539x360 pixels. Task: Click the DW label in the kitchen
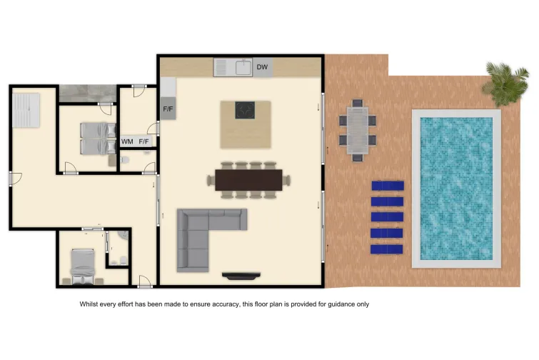(262, 68)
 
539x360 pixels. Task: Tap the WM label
(127, 142)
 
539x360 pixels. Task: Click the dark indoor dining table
(249, 180)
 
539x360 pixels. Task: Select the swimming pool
(456, 188)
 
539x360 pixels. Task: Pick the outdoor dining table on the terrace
(356, 127)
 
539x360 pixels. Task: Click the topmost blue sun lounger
(387, 186)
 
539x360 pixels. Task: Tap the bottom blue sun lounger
(387, 249)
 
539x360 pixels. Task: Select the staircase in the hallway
(27, 109)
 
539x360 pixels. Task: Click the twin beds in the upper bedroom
(94, 137)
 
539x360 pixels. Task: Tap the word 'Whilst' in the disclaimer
(90, 304)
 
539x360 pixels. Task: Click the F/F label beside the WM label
(144, 142)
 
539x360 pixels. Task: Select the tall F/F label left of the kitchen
(168, 109)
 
